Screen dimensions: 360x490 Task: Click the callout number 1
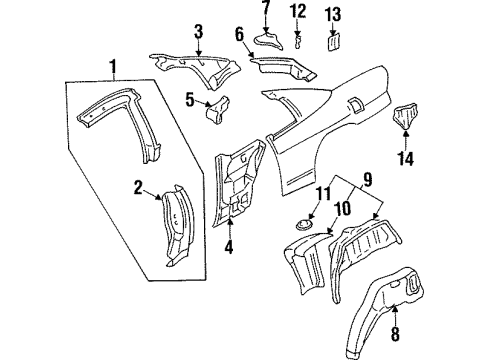click(114, 68)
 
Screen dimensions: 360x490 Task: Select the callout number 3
click(199, 31)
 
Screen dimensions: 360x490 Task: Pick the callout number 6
click(240, 34)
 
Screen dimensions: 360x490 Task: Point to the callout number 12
click(297, 11)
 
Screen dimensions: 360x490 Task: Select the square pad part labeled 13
click(334, 43)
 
